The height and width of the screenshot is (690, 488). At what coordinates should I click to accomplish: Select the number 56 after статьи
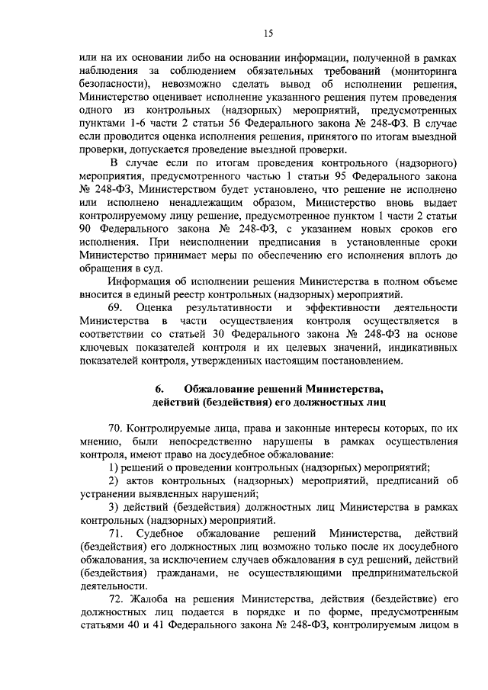point(290,120)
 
